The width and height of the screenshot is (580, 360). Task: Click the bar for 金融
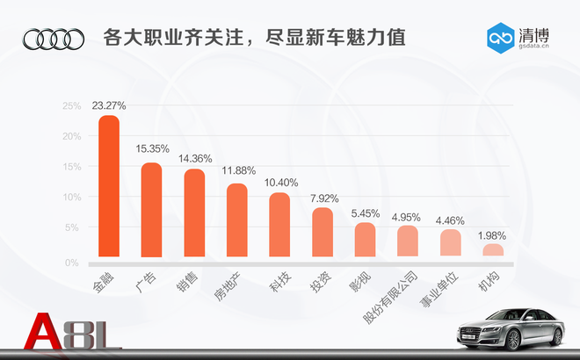pos(108,188)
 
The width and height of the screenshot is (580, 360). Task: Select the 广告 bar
pos(151,212)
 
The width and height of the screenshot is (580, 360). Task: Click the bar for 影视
pos(365,241)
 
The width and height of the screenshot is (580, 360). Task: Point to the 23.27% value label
pos(108,105)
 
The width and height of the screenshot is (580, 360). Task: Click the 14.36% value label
pos(194,159)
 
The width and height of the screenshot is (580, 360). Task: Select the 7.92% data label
pos(323,198)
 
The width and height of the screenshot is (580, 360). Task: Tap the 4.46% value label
pos(450,220)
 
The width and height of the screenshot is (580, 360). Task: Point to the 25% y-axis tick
pos(71,106)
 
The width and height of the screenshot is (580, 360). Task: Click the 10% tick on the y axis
pos(71,197)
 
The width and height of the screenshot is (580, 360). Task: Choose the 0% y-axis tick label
pos(74,262)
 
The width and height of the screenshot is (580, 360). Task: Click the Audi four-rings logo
pos(54,39)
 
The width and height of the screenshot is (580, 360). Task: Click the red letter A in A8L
pos(44,335)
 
